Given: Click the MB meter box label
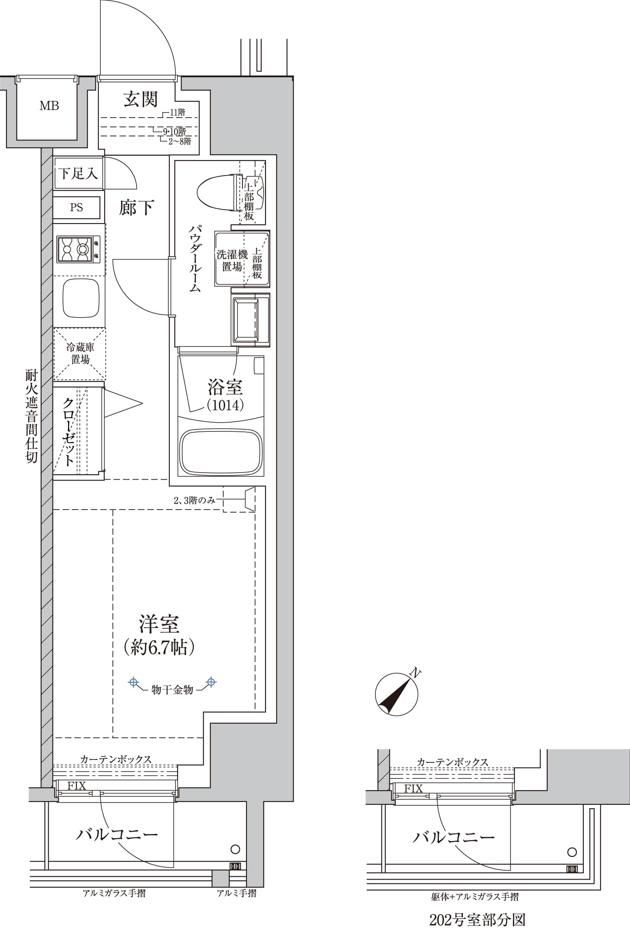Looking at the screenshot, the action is point(49,106).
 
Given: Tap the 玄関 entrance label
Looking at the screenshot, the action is point(140,99).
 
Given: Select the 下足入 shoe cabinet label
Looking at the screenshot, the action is point(78,173).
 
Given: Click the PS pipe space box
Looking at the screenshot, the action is point(76,208).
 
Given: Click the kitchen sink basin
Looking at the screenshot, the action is point(81,298).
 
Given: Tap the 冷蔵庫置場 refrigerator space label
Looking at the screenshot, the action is point(80,353).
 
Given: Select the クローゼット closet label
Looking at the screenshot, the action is point(69,431).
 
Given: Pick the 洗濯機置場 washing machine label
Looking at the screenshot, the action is point(232,260).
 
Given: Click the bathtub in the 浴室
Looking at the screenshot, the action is point(221,452).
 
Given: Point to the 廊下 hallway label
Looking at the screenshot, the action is point(137,208).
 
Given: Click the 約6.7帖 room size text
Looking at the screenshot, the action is point(159,647).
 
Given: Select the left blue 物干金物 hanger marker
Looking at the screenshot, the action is point(133,682).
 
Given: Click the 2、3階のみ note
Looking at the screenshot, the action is point(194,500).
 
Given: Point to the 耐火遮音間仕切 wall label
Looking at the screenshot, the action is point(32,416).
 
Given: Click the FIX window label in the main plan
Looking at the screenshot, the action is point(76,786).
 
